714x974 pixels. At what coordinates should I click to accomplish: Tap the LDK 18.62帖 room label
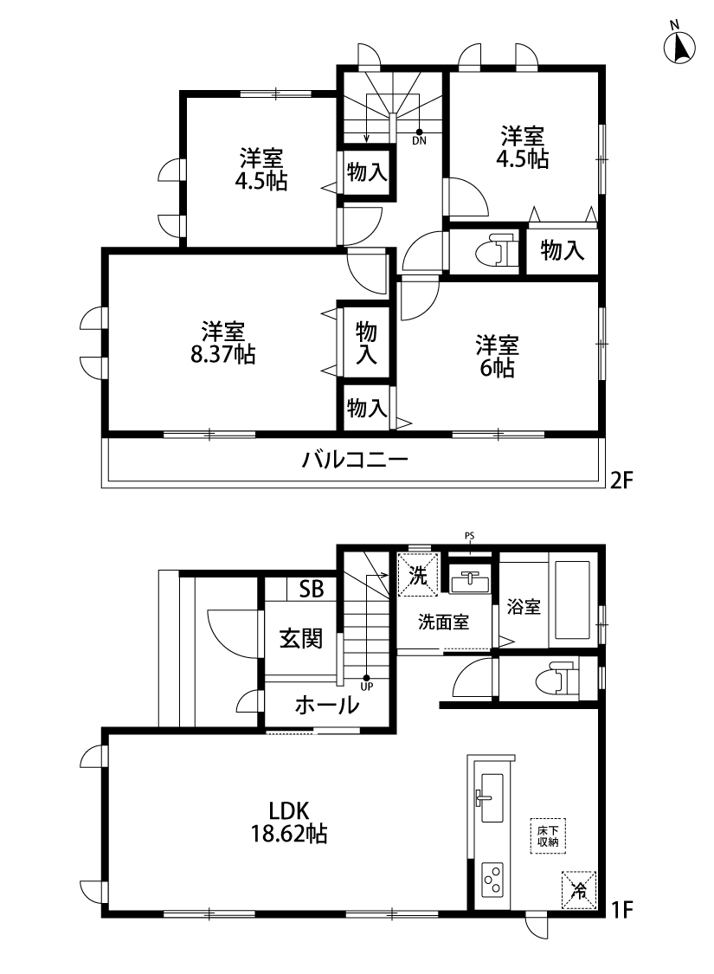click(x=289, y=822)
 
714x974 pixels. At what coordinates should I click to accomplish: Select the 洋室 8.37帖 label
click(x=223, y=343)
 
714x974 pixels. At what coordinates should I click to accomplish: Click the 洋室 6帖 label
click(x=497, y=356)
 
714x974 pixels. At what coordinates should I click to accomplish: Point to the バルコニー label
click(x=355, y=460)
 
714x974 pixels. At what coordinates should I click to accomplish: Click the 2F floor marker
click(x=621, y=481)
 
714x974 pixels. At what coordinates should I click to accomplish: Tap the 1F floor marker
click(x=621, y=910)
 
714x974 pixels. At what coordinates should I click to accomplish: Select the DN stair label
click(x=419, y=141)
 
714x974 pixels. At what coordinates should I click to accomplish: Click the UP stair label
click(x=366, y=687)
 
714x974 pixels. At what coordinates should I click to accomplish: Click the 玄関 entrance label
click(x=301, y=638)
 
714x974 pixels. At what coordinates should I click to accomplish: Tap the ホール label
click(x=326, y=705)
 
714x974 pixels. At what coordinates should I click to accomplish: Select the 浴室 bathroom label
click(x=524, y=606)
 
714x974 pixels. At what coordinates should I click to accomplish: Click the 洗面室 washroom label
click(x=443, y=622)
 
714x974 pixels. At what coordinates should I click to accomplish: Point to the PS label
click(x=469, y=535)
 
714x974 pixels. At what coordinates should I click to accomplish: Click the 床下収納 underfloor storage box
click(x=548, y=836)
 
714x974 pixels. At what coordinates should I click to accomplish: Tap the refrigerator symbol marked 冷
click(x=579, y=889)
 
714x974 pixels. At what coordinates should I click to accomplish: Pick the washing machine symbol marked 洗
click(x=418, y=575)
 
